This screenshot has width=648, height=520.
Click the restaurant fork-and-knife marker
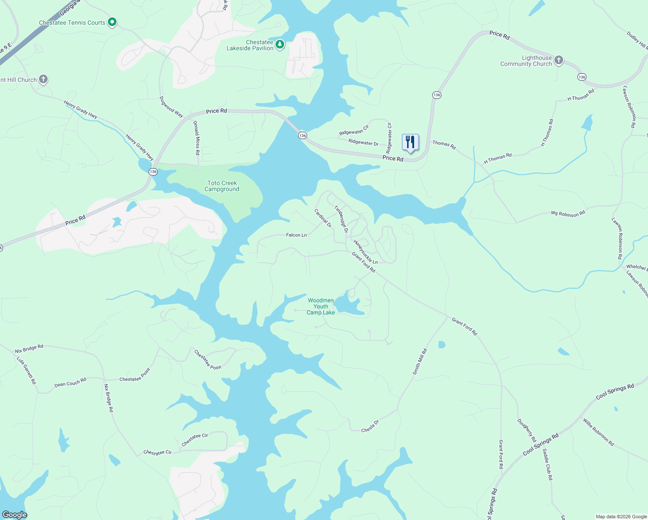(410, 142)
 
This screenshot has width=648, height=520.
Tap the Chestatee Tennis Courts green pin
(112, 22)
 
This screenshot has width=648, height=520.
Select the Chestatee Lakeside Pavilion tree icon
(280, 44)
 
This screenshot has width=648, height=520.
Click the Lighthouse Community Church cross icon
(559, 60)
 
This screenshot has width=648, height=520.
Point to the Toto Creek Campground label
(222, 186)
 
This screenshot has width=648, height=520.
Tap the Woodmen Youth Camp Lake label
(321, 306)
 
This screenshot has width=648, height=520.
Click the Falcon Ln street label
(296, 235)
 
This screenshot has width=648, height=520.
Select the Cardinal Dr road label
(323, 218)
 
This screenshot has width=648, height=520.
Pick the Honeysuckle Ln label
(366, 252)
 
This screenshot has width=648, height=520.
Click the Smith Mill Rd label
(419, 361)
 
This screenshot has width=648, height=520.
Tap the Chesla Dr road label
(370, 426)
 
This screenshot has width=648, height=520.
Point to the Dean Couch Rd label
(70, 382)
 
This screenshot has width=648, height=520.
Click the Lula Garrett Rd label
(26, 370)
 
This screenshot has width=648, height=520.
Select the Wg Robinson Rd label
(567, 213)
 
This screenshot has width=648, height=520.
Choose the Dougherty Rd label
(526, 430)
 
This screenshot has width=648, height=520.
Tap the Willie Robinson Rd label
(598, 432)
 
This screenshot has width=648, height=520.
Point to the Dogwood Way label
(171, 107)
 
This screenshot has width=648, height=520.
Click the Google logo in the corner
(14, 515)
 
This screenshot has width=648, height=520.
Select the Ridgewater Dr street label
(363, 142)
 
